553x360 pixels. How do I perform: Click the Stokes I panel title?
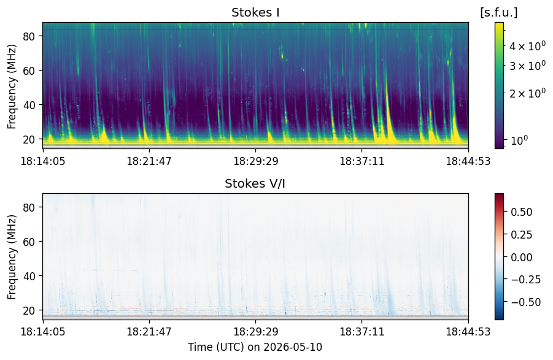255,13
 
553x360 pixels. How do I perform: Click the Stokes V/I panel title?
255,183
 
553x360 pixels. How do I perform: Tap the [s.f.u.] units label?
499,13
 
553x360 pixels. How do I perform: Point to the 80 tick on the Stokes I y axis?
29,36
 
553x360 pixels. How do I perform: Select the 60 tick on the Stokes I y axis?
29,71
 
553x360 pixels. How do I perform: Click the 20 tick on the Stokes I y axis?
29,139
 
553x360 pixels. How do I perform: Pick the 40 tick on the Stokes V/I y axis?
29,276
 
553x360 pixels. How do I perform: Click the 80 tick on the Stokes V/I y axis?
29,207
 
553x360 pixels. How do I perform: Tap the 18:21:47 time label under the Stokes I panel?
149,161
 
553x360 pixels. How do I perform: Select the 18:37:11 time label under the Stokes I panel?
362,161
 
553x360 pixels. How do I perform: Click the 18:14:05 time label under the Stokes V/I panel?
43,332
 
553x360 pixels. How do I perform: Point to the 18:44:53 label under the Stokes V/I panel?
468,332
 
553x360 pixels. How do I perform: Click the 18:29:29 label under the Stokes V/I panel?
256,332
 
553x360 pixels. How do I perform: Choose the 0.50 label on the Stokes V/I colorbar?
522,212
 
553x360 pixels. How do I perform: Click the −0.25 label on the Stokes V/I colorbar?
526,279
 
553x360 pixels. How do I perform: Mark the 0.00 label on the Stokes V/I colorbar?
522,257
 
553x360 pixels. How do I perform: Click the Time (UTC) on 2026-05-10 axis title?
255,347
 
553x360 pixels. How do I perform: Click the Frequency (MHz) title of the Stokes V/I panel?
12,257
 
